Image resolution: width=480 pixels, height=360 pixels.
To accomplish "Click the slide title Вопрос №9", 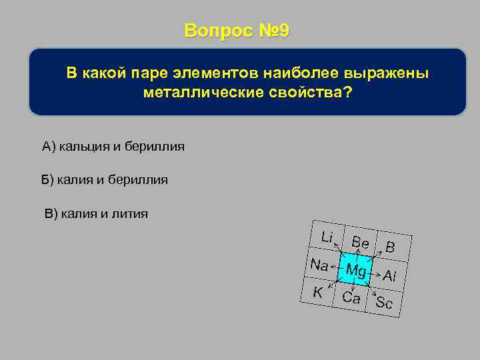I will pos(237,31).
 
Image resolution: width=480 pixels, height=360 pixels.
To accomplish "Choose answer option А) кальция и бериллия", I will pos(113,146).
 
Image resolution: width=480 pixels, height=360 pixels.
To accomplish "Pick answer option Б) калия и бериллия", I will pos(105,179).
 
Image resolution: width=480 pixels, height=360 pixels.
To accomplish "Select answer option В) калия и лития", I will pos(96,213).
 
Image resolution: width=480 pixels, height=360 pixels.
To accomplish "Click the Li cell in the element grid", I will pos(327,237).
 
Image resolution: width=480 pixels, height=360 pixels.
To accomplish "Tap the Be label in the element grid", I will pos(360,243).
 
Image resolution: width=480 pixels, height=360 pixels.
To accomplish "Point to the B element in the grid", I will pos(391,247).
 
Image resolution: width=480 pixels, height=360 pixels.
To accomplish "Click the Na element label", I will pos(319,264).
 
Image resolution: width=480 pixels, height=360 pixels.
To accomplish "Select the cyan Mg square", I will pos(356,270).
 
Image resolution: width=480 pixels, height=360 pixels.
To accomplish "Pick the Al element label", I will pos(390,275).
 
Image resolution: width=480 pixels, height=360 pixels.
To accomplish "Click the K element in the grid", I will pos(318,291).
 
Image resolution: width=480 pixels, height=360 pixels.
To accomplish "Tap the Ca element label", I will pos(351,297).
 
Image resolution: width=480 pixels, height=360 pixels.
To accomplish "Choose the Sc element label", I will pos(384,303).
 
